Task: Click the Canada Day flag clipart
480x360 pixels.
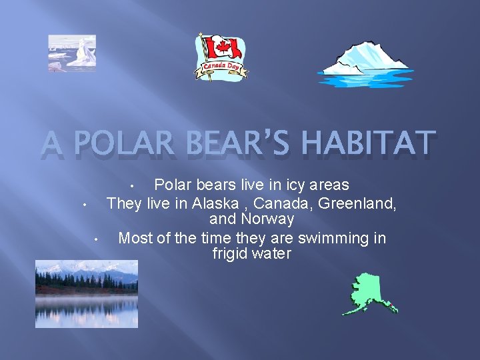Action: point(221,57)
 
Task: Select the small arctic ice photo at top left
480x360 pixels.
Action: point(72,53)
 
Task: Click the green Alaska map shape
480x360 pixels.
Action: point(367,293)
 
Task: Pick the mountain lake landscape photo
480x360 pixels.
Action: point(87,293)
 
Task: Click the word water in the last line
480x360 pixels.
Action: point(272,254)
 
